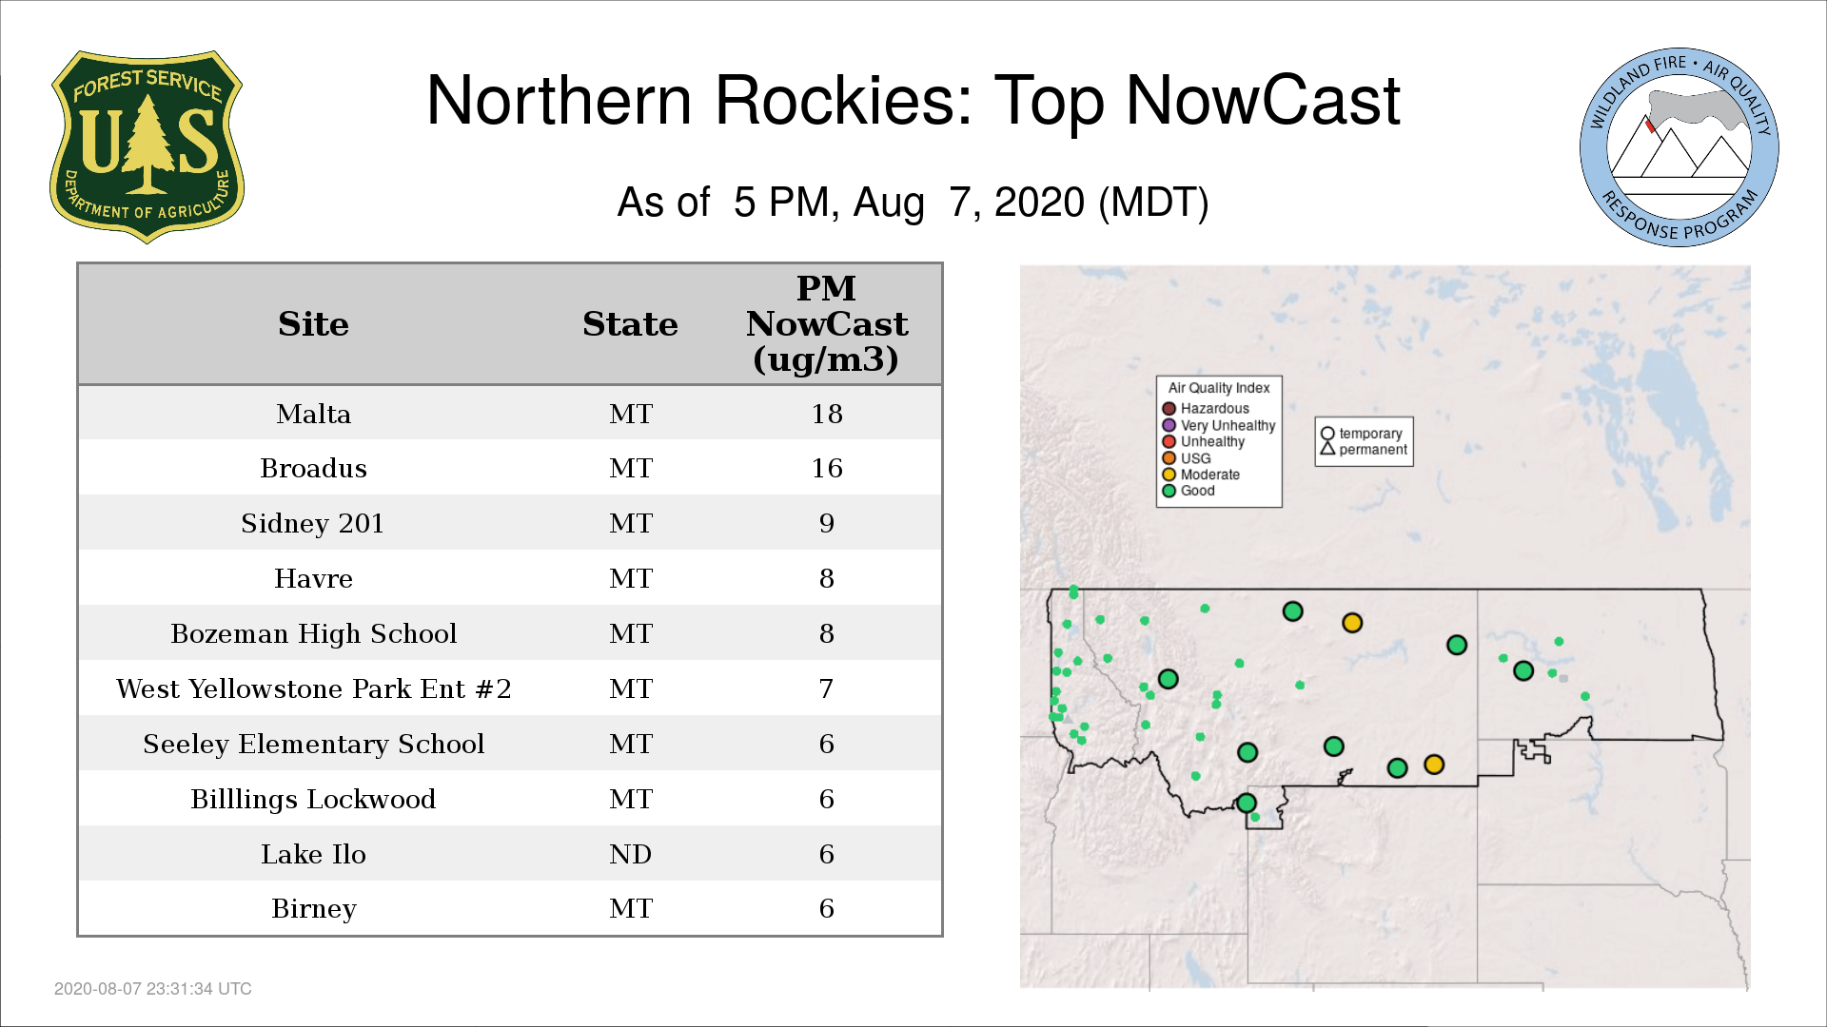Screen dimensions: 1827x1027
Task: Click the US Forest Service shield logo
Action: pos(147,146)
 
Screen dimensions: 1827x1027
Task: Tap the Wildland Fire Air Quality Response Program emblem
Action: pos(1680,147)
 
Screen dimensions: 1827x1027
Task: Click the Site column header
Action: pos(313,324)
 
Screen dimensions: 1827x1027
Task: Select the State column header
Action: pos(630,324)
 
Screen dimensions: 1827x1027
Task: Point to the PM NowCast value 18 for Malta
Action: pos(827,414)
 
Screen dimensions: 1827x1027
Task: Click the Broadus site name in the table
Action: pos(313,468)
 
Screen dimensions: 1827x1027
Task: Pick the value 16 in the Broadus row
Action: pos(827,468)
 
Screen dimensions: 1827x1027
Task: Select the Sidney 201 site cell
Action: pos(312,523)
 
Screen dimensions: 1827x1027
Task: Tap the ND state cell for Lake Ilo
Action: pos(630,854)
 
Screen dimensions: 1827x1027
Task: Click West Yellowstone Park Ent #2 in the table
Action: pos(313,688)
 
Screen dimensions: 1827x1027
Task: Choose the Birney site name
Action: pos(313,909)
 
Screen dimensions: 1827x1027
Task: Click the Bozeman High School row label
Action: pos(313,633)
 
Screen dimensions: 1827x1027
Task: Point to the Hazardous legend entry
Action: pos(1206,409)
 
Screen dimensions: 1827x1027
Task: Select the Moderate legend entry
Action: pos(1201,475)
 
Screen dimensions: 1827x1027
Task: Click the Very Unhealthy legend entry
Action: pos(1219,425)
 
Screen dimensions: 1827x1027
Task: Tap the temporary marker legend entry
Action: pos(1362,434)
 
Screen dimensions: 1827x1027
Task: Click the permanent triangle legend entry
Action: pos(1364,450)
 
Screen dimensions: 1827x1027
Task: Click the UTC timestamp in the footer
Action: pos(153,989)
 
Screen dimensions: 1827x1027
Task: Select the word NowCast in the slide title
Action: pos(1264,100)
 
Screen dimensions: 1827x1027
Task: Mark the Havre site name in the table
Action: pos(313,578)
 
